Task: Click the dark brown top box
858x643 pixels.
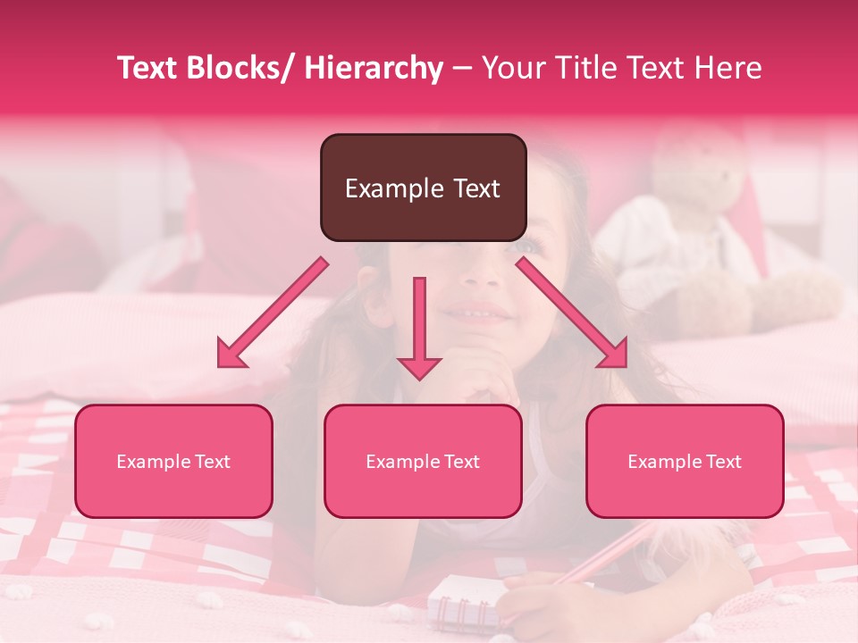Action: tap(423, 188)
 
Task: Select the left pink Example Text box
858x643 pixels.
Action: tap(173, 461)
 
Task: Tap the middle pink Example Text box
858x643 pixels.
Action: tap(423, 461)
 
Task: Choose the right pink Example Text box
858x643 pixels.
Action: tap(685, 461)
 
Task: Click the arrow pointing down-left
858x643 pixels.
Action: tap(273, 313)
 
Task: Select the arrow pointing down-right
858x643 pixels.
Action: tap(572, 313)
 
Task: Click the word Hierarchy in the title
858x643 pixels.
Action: tap(373, 68)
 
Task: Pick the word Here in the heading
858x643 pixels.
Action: tap(723, 68)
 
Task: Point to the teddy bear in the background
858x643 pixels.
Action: tap(706, 232)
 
